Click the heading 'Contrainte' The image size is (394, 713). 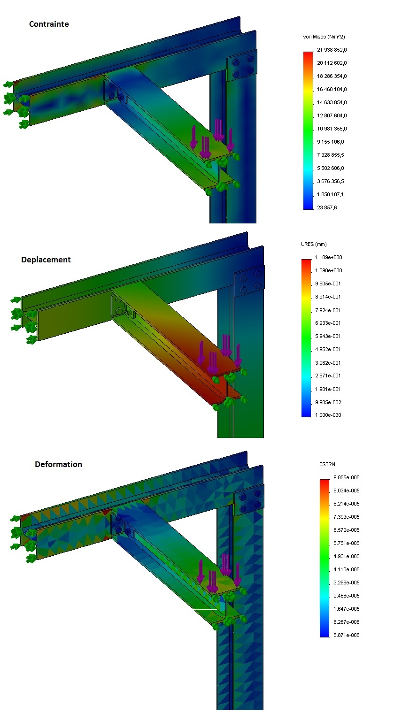49,24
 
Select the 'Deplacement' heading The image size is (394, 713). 46,260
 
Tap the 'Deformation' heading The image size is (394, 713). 58,464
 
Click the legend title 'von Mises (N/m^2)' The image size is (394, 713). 324,37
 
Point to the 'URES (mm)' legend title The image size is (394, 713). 314,244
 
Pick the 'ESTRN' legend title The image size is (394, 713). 327,464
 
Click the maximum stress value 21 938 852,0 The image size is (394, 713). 332,50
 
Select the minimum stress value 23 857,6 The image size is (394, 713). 327,207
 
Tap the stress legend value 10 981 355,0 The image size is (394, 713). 332,129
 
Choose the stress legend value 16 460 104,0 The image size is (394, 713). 332,89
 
